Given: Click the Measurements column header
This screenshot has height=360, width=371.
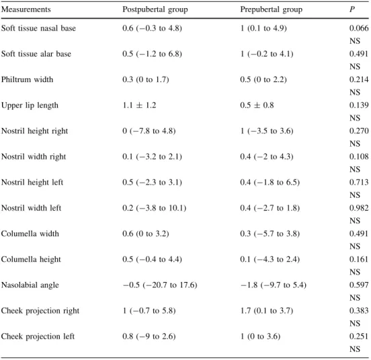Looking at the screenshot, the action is (26, 9).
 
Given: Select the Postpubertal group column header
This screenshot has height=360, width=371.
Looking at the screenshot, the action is (155, 9).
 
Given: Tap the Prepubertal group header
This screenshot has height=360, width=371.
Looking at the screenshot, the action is (271, 9).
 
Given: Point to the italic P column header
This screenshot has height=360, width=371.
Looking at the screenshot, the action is (352, 9).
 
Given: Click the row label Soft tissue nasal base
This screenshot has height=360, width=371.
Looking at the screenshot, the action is (38, 28).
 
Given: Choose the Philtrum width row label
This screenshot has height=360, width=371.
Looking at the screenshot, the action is (27, 79).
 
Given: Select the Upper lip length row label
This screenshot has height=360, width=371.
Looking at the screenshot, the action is (30, 106).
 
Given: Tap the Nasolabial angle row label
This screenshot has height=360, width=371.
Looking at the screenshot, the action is (30, 285).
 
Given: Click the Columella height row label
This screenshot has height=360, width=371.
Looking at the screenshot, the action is (31, 259).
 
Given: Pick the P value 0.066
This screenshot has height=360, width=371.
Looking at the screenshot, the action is (359, 28).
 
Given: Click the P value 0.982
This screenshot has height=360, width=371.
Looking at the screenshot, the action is (359, 208).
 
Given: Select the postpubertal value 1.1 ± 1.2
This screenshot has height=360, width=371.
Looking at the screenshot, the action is (139, 105).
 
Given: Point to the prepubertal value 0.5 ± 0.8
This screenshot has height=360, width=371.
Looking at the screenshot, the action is (257, 105).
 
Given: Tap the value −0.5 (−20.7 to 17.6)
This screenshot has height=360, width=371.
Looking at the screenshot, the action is (160, 285).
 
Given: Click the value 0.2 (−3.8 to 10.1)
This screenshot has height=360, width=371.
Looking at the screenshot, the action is (155, 208).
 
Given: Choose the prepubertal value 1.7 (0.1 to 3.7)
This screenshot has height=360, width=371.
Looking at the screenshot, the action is (267, 311).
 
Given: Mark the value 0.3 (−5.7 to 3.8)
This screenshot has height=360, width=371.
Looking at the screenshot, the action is (270, 233).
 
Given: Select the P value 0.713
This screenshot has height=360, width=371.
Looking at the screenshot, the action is (359, 182).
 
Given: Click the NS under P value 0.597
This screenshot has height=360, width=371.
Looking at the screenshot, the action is (355, 297).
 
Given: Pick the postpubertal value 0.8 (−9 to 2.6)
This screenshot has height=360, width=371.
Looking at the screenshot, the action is (149, 336).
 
